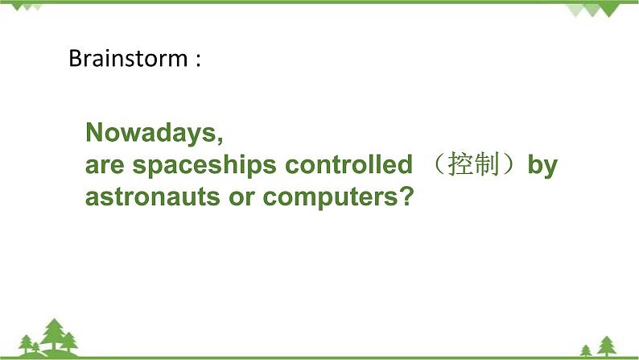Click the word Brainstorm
click(x=126, y=59)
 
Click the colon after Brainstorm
click(x=196, y=60)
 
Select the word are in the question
click(x=104, y=166)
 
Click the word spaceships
click(x=201, y=166)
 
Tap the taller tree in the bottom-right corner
click(x=606, y=345)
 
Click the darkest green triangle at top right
click(x=592, y=10)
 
